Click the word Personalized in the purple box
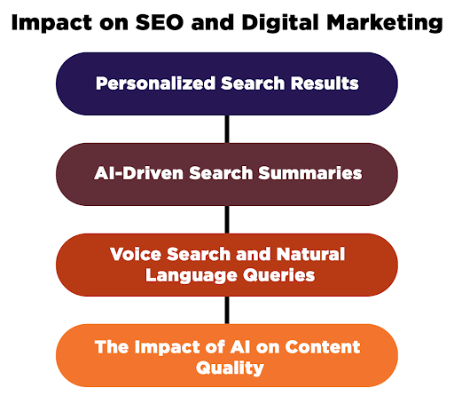(x=155, y=83)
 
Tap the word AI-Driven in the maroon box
(x=135, y=173)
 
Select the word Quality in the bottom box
(x=227, y=368)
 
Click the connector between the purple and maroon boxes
(x=227, y=129)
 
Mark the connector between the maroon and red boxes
(x=227, y=218)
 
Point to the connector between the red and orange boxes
(x=227, y=309)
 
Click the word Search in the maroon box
(x=221, y=173)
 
